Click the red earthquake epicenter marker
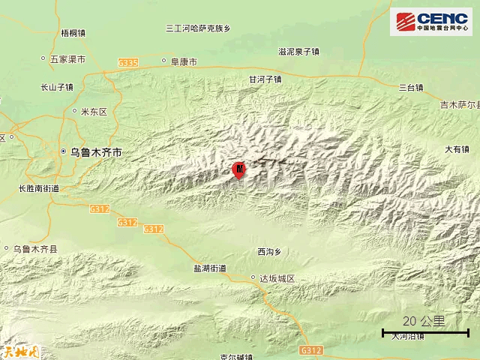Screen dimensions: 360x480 [239, 169]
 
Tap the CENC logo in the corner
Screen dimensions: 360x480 [430, 22]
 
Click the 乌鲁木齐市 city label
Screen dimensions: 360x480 [95, 151]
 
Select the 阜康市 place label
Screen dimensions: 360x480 [183, 62]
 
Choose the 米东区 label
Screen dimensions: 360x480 [94, 112]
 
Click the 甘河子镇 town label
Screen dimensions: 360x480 [265, 79]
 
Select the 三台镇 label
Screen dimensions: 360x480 [411, 88]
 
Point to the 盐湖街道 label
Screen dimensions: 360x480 [209, 268]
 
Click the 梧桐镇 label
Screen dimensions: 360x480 [73, 33]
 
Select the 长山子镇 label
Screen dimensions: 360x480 [57, 87]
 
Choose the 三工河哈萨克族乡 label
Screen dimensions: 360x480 [198, 28]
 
